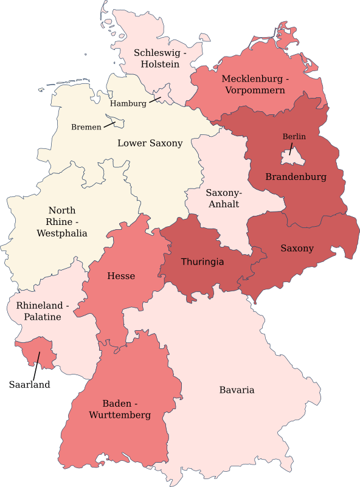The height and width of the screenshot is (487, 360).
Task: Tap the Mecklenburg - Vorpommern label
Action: tap(255, 85)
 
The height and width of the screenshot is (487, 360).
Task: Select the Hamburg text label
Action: tap(128, 103)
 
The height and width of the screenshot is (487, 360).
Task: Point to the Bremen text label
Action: tap(86, 127)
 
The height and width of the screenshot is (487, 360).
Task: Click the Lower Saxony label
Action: tap(150, 143)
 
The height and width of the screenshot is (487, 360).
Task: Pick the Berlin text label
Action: tap(294, 137)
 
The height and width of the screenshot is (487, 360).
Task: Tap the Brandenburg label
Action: tap(296, 178)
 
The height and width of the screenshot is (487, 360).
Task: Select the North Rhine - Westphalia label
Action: tap(62, 221)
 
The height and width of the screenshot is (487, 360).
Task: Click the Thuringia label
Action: tap(202, 262)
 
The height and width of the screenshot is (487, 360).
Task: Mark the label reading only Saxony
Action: tap(297, 248)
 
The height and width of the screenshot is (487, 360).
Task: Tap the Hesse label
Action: tap(121, 276)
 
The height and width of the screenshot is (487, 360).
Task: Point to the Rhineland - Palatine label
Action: tap(43, 311)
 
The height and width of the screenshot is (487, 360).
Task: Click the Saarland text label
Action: tap(29, 384)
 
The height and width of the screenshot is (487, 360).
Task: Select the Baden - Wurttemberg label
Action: tap(126, 409)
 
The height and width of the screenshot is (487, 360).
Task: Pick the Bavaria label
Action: tap(237, 390)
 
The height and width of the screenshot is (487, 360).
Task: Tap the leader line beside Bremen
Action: tap(109, 124)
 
